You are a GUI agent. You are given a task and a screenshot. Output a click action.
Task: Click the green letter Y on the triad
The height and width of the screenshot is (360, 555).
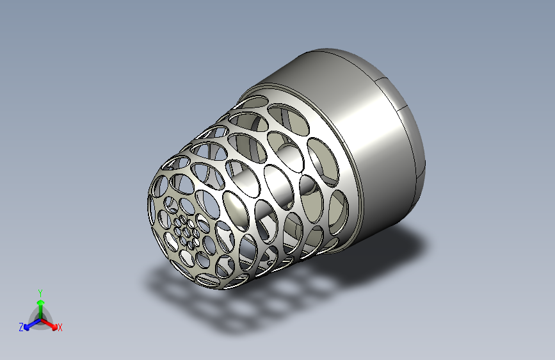point(40,293)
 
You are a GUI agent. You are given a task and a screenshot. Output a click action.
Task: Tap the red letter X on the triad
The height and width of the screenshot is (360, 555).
point(60,328)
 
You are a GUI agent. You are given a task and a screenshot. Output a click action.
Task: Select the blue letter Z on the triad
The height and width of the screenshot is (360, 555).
point(21,327)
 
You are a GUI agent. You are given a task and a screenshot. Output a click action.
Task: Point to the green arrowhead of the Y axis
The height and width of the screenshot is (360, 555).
point(41,302)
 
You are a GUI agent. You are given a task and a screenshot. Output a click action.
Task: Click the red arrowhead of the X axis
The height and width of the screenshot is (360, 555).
point(54,327)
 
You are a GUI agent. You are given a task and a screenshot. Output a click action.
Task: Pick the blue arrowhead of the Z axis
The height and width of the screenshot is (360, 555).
point(26,328)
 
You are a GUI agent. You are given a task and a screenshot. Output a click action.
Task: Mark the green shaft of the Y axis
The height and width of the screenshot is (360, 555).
point(41,312)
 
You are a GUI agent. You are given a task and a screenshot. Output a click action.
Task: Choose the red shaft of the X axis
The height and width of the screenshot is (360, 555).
point(47,323)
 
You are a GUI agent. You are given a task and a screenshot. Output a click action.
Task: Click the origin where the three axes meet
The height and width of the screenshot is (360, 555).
point(41,320)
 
